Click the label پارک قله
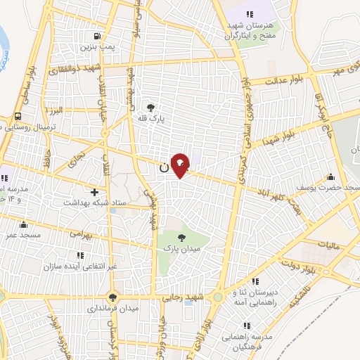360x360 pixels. click(149, 119)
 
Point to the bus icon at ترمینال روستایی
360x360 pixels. click(17, 117)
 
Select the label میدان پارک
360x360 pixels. click(182, 249)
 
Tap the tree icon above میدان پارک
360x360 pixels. click(182, 238)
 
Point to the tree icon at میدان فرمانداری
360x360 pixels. click(112, 297)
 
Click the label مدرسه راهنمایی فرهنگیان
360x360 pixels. click(246, 342)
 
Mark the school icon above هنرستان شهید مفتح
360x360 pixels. click(248, 14)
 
